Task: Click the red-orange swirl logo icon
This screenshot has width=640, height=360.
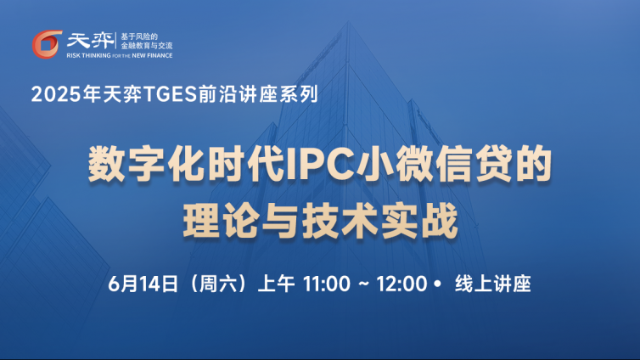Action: point(48,44)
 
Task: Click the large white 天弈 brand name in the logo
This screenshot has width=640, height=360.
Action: point(90,41)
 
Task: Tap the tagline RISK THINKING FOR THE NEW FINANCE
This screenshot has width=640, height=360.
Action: point(120,55)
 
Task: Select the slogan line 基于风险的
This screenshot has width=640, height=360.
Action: point(139,37)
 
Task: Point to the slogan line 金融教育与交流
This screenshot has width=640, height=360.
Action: point(147,46)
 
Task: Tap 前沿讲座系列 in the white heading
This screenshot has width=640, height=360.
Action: point(258,94)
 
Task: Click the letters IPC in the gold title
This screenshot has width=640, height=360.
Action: point(320,165)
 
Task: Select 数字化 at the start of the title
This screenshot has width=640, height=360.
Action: point(147,165)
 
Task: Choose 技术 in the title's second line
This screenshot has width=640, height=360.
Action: point(340,221)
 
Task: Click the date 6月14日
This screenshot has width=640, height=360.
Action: point(143,284)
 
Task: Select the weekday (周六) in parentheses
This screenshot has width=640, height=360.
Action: point(218,284)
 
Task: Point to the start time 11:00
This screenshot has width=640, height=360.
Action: point(327,284)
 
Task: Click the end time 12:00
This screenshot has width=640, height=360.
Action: point(401,284)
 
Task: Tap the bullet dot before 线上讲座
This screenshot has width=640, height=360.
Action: point(438,284)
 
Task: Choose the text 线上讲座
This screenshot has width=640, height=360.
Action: point(493,284)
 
